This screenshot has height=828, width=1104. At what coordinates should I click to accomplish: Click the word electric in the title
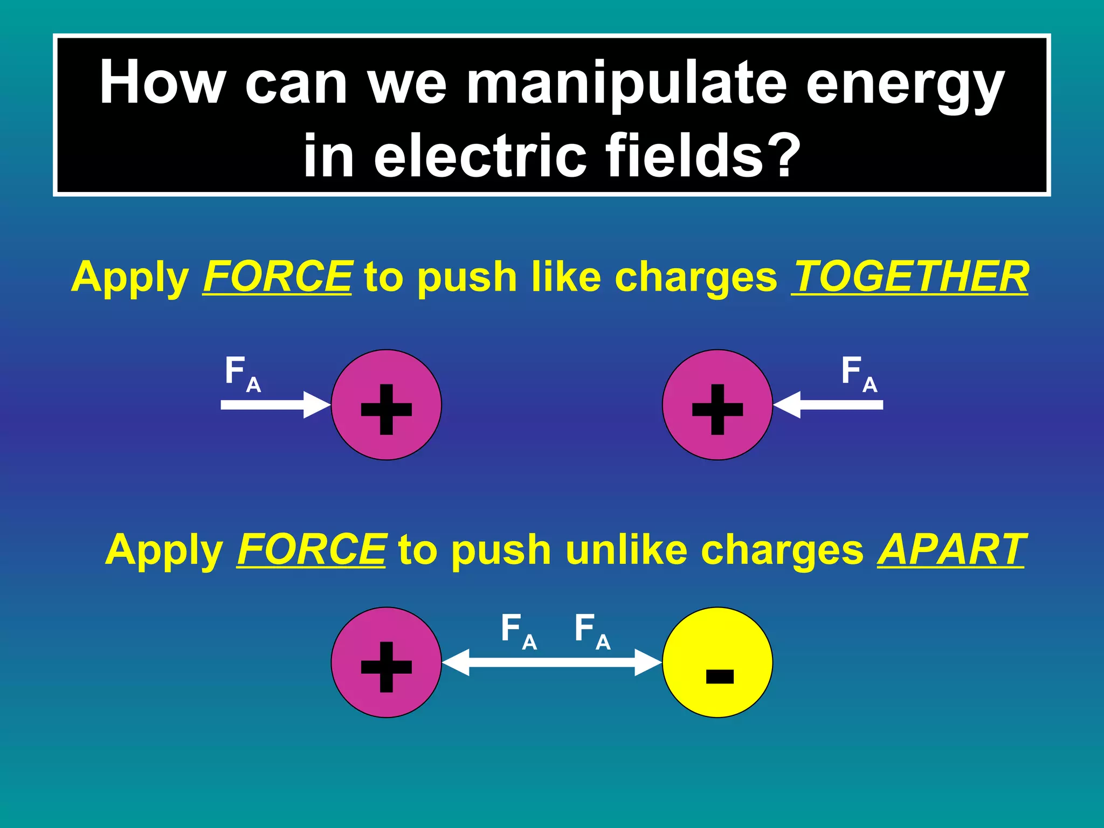480,155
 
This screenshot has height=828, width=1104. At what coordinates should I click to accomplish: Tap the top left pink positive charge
387,405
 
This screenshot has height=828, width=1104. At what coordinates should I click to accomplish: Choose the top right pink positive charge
717,405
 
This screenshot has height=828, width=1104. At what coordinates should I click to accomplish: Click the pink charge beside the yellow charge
387,663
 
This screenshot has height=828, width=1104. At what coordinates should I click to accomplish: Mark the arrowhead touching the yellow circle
647,663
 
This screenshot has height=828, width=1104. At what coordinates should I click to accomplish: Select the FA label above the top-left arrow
242,374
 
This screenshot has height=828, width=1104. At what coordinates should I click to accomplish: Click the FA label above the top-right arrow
859,374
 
